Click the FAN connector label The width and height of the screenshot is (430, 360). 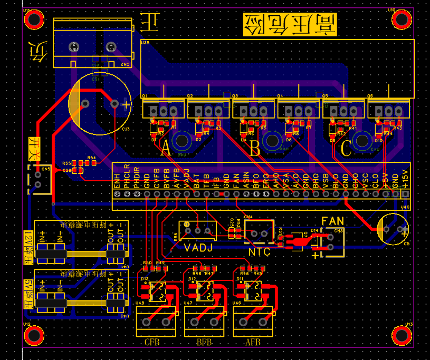point(333,221)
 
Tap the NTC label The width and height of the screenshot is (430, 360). point(259,252)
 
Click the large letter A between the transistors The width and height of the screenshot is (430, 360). point(166,150)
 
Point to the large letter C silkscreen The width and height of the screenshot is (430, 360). point(346,150)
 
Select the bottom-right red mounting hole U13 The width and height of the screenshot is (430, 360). point(402,335)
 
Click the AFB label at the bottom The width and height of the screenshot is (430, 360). point(253,343)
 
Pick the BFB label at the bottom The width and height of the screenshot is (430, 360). point(204,343)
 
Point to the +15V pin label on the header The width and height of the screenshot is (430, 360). point(405,179)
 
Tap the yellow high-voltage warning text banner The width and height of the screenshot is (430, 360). point(289,25)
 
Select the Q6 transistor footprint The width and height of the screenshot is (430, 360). point(388,110)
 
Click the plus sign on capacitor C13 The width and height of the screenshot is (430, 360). point(126,105)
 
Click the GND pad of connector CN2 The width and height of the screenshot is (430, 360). point(74,47)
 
